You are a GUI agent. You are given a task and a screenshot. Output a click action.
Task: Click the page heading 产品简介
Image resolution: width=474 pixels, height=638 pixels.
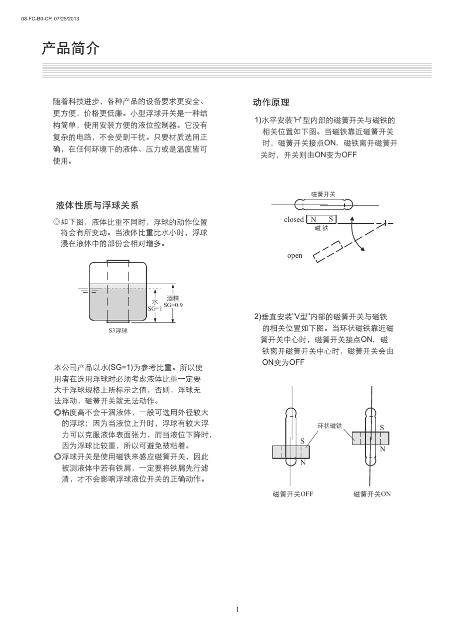pyautogui.click(x=70, y=49)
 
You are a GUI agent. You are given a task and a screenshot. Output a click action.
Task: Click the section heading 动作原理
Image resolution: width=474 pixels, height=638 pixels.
pyautogui.click(x=271, y=103)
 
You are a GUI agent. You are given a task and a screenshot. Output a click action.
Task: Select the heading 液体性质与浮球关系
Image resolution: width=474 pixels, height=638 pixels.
pyautogui.click(x=97, y=205)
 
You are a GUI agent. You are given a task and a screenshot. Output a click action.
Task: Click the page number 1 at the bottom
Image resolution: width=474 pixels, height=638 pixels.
pyautogui.click(x=237, y=609)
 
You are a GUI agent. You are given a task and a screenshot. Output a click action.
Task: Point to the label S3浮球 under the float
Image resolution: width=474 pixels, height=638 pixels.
pyautogui.click(x=118, y=330)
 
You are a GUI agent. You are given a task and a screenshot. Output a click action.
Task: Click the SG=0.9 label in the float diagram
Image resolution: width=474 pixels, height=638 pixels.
pyautogui.click(x=173, y=305)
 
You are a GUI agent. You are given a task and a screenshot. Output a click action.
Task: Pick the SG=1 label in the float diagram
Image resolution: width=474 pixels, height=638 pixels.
pyautogui.click(x=155, y=309)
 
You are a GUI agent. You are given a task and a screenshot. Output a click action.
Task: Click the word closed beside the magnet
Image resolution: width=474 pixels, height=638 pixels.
pyautogui.click(x=294, y=219)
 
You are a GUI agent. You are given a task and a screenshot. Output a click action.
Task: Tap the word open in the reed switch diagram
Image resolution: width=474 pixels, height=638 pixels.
pyautogui.click(x=295, y=256)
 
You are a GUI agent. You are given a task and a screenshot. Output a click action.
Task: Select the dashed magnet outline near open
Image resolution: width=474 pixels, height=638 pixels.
pyautogui.click(x=327, y=251)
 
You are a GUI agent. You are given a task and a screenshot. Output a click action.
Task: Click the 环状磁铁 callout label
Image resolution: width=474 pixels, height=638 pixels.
pyautogui.click(x=330, y=426)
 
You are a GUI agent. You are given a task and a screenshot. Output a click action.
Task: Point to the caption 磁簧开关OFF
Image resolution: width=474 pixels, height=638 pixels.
pyautogui.click(x=293, y=494)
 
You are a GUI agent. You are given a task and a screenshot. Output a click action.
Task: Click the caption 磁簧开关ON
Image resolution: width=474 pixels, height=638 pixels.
pyautogui.click(x=372, y=494)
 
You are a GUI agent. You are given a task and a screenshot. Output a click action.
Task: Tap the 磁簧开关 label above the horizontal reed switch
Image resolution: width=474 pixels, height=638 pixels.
pyautogui.click(x=323, y=194)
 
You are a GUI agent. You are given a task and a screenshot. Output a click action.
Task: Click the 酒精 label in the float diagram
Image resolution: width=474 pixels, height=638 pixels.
pyautogui.click(x=173, y=298)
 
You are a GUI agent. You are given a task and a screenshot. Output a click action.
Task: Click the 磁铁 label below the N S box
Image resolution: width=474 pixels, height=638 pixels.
pyautogui.click(x=322, y=228)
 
